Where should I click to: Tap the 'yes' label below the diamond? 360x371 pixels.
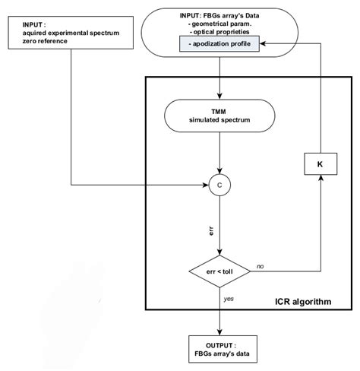229,299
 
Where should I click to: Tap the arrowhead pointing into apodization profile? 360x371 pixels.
264,47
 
